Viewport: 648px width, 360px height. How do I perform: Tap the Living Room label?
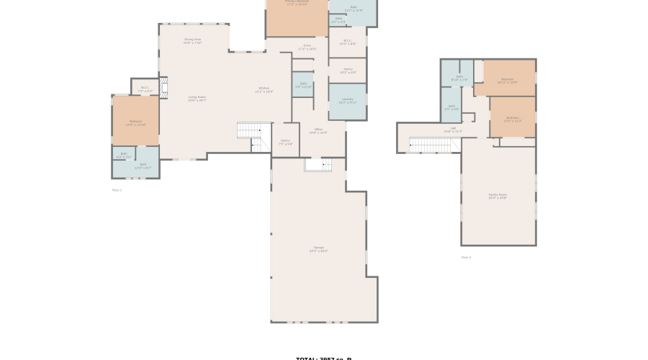tap(197, 98)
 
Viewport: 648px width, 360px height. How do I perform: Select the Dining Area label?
tap(192, 41)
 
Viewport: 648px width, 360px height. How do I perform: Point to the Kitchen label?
tap(264, 90)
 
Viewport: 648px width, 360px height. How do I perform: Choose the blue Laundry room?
tap(347, 101)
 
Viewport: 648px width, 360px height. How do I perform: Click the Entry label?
tap(307, 47)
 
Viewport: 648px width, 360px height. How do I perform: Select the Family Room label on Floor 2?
tap(498, 196)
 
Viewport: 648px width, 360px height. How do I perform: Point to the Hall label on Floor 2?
tap(453, 130)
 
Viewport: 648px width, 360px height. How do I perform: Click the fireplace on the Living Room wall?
tap(163, 88)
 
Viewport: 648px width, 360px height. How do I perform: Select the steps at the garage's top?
tap(318, 165)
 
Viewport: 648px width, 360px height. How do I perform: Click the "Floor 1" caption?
tap(117, 190)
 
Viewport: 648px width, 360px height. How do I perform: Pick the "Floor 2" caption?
tap(466, 257)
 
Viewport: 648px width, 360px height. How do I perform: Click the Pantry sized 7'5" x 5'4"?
tap(285, 142)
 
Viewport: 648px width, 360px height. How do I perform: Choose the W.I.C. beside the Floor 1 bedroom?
tap(145, 89)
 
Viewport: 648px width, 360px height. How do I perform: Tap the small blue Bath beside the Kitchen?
tap(302, 84)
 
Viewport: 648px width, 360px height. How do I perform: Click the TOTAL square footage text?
tap(324, 358)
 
